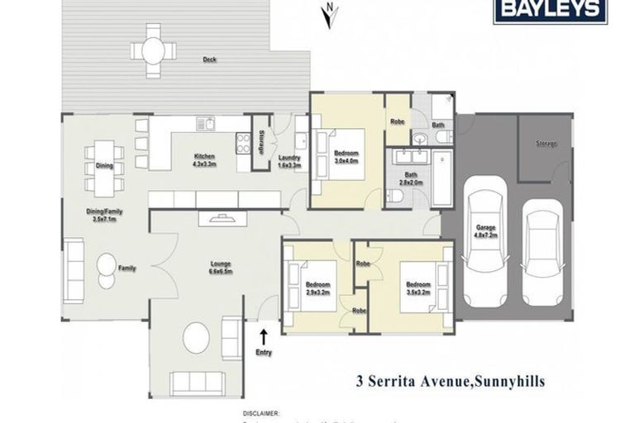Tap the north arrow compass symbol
[x=330, y=15]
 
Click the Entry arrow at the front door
[x=265, y=335]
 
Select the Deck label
[x=210, y=59]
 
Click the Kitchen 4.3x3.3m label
[x=204, y=160]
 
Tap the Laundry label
[x=289, y=162]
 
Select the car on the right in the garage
[x=542, y=244]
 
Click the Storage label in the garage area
[x=546, y=144]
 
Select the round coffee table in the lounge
[x=196, y=337]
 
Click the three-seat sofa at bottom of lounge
[x=197, y=382]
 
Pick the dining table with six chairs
[x=104, y=168]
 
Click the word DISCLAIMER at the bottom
[x=260, y=411]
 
